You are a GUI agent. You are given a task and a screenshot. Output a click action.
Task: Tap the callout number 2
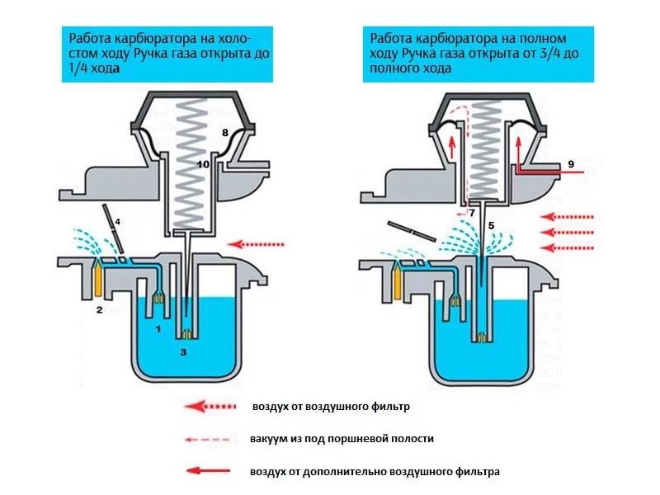click(99, 310)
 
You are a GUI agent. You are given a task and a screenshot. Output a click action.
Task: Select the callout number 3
click(184, 352)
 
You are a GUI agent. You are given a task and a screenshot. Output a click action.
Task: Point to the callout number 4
click(118, 222)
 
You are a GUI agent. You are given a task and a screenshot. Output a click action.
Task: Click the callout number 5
click(491, 224)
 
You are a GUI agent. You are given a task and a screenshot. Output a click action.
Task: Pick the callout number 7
click(472, 213)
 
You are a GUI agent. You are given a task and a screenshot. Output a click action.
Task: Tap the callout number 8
click(224, 132)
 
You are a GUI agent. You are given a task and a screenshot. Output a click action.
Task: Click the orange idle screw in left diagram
click(98, 280)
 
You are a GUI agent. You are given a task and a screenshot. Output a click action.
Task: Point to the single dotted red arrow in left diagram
click(260, 243)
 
